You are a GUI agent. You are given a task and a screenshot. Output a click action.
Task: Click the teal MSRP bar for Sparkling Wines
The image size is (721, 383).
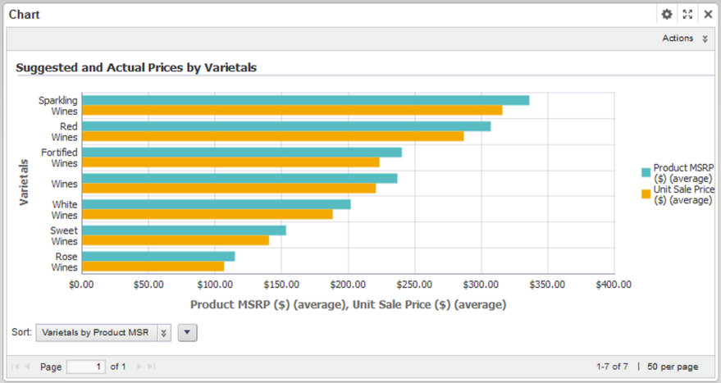[x=305, y=100]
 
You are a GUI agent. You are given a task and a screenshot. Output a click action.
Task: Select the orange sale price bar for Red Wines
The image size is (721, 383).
[x=272, y=136]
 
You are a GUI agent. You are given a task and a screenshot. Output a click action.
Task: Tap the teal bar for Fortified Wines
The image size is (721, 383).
[x=242, y=153]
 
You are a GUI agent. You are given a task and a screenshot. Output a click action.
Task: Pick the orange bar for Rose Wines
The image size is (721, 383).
[x=153, y=267]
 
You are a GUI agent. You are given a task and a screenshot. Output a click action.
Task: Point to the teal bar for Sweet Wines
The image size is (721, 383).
[x=185, y=230]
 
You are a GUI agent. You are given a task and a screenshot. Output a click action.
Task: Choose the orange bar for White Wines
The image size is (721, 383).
[x=208, y=214]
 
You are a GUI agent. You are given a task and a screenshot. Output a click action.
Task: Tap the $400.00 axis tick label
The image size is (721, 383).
[x=614, y=285]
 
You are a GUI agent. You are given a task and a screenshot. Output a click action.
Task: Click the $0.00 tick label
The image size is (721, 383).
[x=82, y=285]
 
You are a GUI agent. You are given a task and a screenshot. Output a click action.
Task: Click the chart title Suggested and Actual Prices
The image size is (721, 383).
[x=137, y=68]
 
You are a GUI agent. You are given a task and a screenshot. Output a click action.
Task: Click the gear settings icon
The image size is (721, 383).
[x=667, y=15]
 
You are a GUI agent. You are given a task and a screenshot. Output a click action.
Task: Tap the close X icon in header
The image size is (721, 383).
[x=708, y=15]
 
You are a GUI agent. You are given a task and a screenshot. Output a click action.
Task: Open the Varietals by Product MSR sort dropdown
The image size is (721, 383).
[x=103, y=332]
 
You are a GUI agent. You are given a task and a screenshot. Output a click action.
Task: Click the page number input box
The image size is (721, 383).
[x=85, y=367]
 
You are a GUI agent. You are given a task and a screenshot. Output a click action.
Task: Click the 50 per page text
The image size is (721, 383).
[x=673, y=367]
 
